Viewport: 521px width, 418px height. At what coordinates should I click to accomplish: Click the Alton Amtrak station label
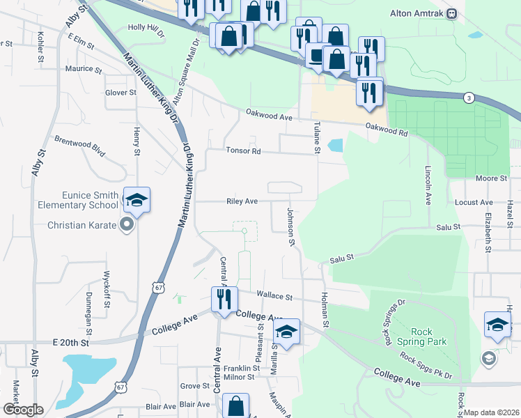point(421,13)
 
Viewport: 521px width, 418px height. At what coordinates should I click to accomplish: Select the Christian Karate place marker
point(126,224)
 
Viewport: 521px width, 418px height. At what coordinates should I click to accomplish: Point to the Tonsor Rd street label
point(242,150)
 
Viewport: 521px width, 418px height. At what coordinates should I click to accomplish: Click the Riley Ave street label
point(242,201)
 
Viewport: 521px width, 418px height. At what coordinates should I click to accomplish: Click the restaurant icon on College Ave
point(224,300)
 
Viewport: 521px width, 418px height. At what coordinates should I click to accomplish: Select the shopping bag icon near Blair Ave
point(237,406)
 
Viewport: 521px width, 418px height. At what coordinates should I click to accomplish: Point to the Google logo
point(23,410)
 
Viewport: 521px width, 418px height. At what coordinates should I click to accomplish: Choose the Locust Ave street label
point(474,202)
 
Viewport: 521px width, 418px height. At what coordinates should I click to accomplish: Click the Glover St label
point(120,92)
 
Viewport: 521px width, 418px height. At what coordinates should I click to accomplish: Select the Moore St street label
point(491,179)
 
